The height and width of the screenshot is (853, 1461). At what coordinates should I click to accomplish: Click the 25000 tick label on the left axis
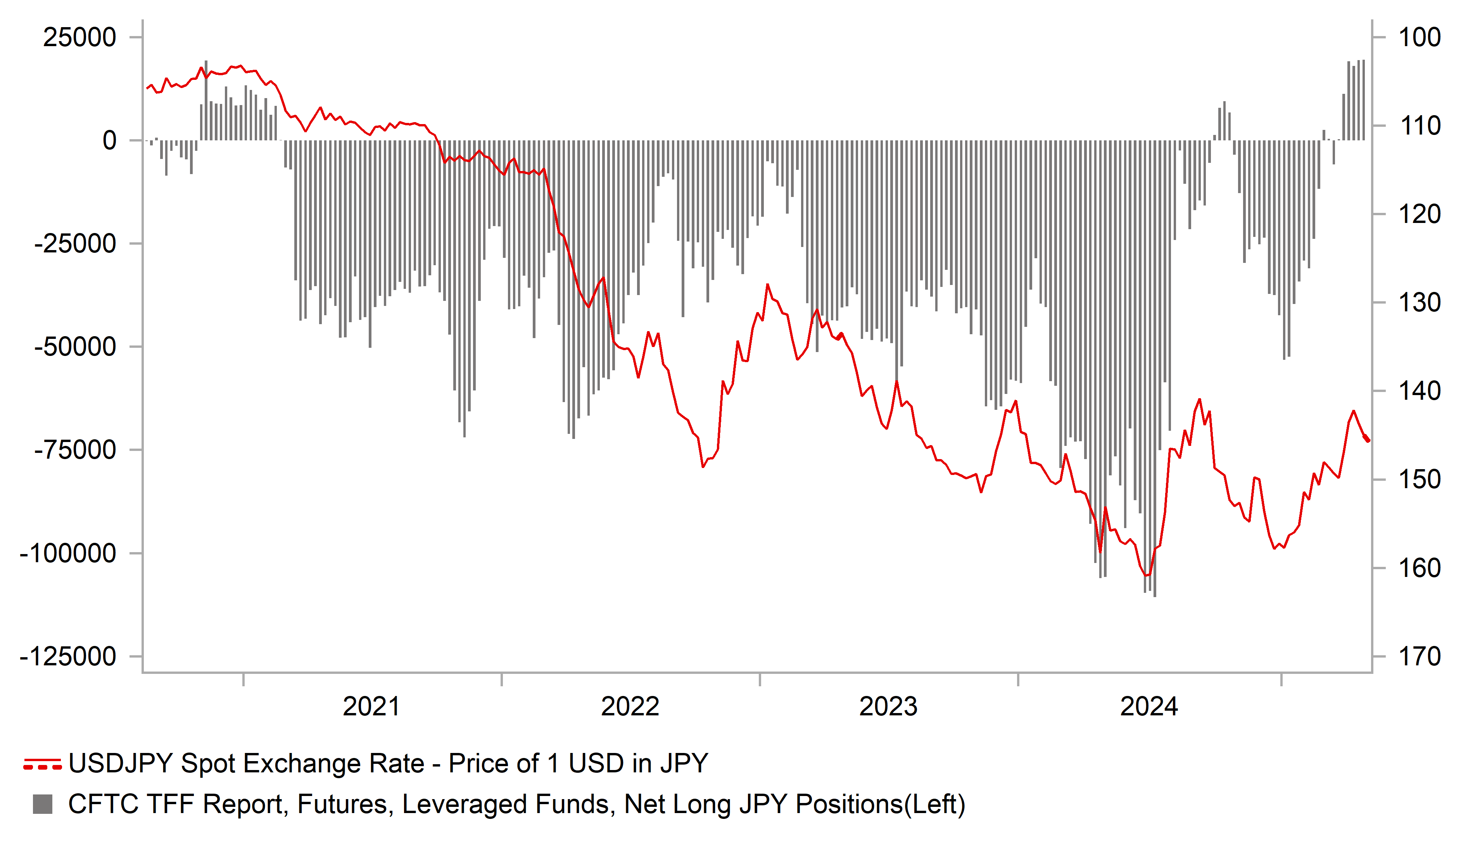pos(79,38)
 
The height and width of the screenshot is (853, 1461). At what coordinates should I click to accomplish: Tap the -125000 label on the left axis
pos(68,657)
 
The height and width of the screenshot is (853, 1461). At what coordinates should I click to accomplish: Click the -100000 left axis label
pos(68,554)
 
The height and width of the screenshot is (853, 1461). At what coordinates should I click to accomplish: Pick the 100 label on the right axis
pos(1419,38)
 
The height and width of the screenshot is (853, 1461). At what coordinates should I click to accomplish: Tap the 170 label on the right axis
pos(1419,657)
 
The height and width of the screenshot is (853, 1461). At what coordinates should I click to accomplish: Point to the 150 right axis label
pos(1419,480)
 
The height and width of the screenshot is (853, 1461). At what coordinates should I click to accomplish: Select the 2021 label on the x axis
pos(371,707)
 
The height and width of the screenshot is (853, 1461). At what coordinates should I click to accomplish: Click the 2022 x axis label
pos(630,707)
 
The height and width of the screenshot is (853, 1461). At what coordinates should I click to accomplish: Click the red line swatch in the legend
pos(42,764)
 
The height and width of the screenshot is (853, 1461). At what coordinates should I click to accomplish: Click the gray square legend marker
pos(42,804)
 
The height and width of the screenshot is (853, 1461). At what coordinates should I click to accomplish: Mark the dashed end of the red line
pos(1366,439)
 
